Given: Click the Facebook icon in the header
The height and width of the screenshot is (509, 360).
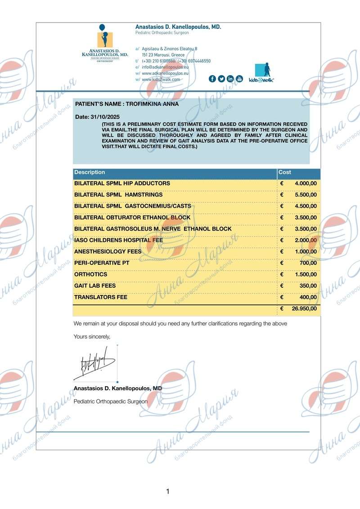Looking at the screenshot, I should [212, 79].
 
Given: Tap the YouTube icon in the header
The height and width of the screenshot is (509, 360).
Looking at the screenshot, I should [239, 79].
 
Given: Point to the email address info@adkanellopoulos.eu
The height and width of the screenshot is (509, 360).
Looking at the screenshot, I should [165, 67].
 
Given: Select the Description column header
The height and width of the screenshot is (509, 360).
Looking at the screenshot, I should [90, 172].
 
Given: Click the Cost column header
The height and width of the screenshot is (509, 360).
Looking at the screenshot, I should [285, 172].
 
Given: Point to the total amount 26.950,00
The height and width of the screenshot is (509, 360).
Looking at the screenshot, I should [304, 309].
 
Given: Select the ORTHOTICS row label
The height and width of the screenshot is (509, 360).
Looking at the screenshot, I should [90, 274].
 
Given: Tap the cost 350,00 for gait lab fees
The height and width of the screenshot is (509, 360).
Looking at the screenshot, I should [308, 286].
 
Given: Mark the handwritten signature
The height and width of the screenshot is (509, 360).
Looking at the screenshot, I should [95, 362].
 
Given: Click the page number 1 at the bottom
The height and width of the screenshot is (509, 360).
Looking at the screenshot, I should [168, 491].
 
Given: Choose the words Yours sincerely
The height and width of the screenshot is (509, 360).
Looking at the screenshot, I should [92, 336].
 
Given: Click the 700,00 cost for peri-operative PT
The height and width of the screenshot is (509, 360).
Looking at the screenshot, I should [308, 263].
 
